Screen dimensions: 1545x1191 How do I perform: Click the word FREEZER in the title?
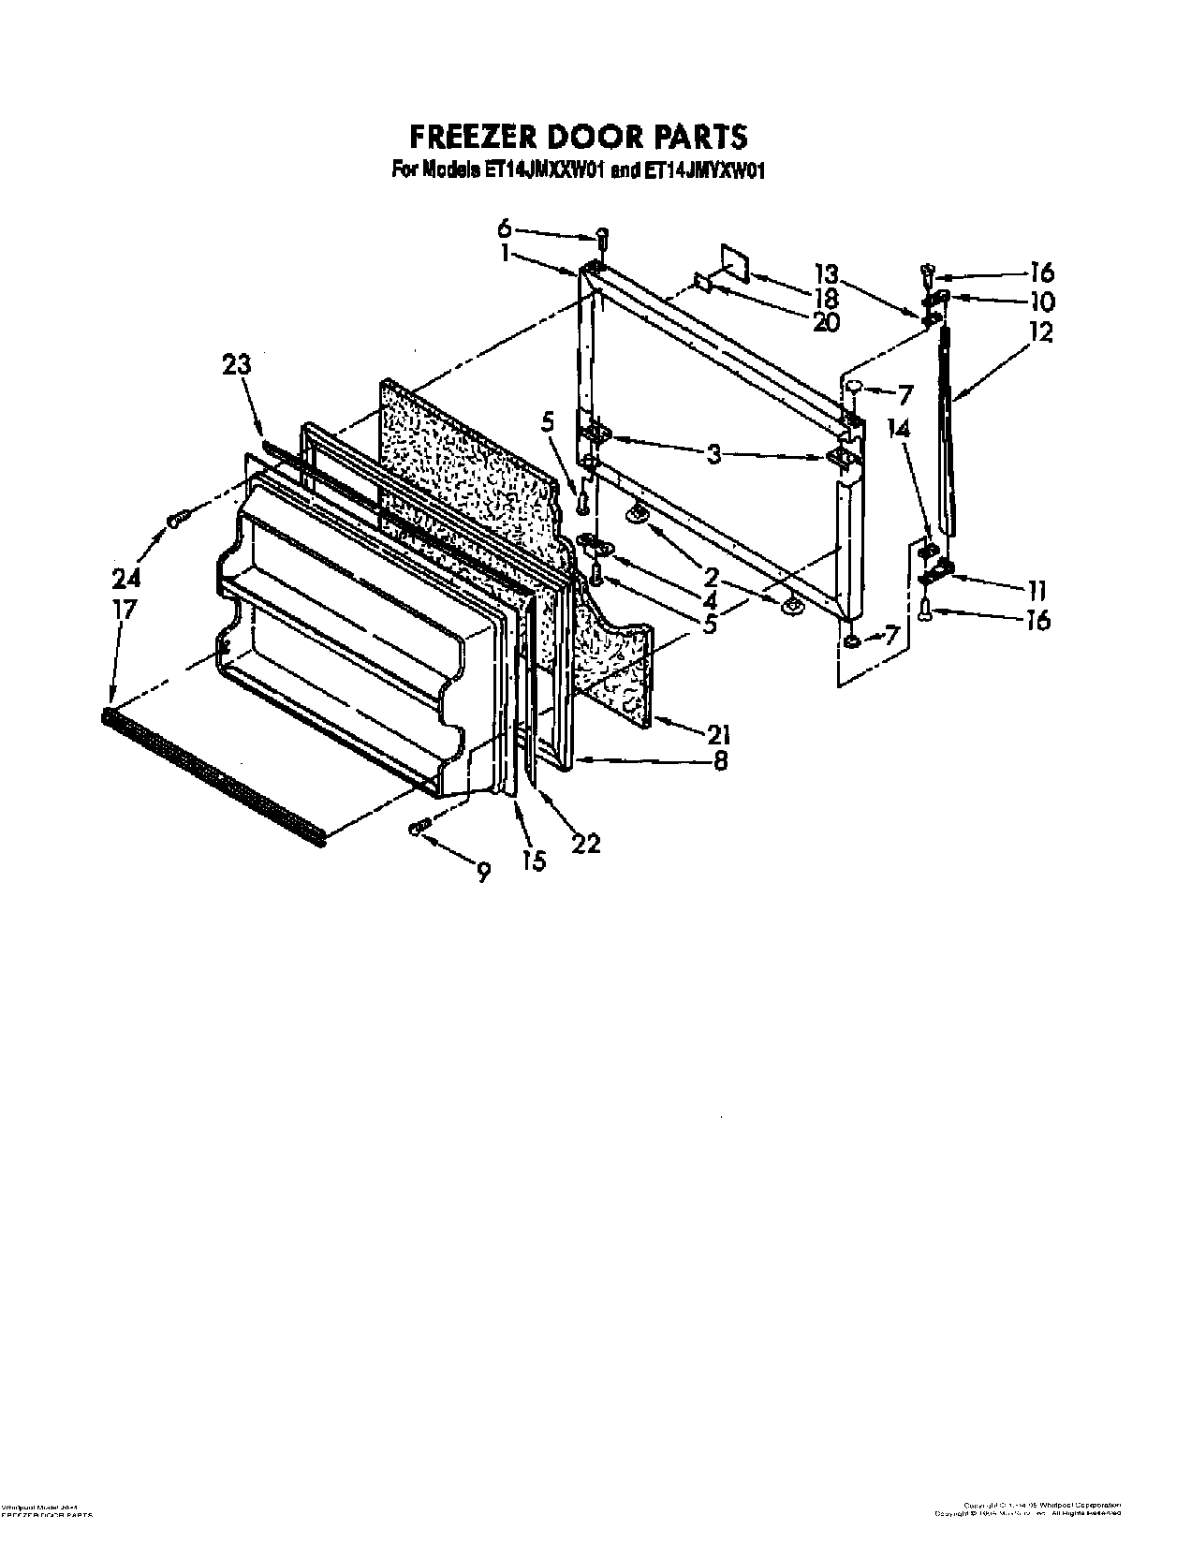pos(472,137)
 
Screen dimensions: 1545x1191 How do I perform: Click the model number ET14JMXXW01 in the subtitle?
pos(545,170)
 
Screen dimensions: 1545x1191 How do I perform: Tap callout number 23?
pos(237,364)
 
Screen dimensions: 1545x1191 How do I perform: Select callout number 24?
pos(125,577)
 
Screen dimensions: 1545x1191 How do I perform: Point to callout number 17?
pos(124,609)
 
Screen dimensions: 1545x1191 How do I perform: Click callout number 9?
pos(482,872)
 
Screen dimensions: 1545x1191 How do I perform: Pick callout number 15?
pos(534,861)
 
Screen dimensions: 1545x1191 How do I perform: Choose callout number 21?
pos(719,733)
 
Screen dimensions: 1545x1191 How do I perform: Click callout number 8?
pos(719,761)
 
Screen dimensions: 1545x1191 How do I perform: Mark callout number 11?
pos(1036,590)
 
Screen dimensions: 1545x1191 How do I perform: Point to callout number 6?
pos(505,228)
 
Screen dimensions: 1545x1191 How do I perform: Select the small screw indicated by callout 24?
pos(178,518)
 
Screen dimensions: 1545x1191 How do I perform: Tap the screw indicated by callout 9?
pos(419,825)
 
